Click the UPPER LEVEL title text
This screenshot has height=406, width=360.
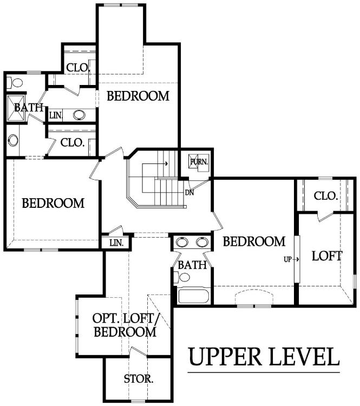264,357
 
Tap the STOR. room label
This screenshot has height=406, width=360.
139,379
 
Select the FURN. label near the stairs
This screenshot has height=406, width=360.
199,162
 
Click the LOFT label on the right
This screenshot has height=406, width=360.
327,256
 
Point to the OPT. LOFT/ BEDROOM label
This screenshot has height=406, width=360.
125,325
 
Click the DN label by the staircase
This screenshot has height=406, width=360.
189,193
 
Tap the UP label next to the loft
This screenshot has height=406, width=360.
288,259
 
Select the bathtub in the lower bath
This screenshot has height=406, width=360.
193,296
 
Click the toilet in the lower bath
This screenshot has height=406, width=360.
182,277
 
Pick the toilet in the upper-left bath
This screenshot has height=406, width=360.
15,83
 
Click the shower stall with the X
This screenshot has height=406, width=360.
16,108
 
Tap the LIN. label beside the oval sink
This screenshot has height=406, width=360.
56,115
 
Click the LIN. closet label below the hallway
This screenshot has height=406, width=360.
116,243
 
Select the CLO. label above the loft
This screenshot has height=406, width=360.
325,196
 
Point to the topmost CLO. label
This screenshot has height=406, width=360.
78,68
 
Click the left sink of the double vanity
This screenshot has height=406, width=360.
182,242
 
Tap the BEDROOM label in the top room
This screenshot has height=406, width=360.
138,96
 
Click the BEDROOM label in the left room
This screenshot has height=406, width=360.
53,203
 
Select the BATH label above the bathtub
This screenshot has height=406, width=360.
192,265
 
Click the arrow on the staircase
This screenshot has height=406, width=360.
155,163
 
